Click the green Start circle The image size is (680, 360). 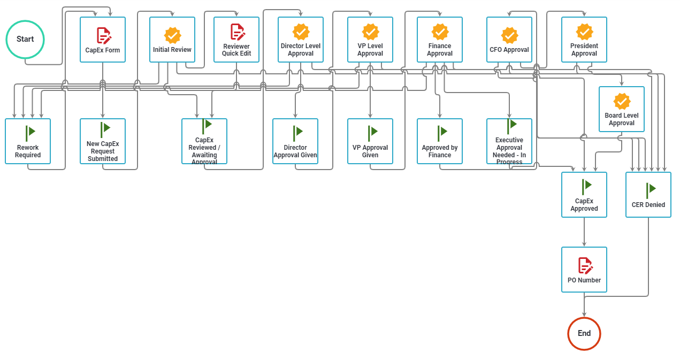(25, 39)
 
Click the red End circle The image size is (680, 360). (584, 333)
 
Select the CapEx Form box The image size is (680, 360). (103, 40)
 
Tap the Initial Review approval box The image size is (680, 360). (172, 40)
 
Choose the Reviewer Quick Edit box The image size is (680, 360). (236, 40)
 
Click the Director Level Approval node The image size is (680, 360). (301, 40)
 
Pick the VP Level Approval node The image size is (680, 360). (370, 40)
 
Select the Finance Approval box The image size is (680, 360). (440, 40)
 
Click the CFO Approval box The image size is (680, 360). (509, 40)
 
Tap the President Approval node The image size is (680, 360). (584, 40)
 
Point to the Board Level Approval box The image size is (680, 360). (622, 109)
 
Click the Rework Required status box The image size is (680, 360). (28, 141)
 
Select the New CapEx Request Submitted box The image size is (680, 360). (103, 141)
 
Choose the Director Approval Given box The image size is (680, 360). (295, 141)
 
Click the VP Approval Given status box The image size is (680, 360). (370, 141)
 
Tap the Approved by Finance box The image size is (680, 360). (440, 141)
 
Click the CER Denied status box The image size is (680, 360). (648, 195)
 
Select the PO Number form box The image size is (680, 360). (584, 270)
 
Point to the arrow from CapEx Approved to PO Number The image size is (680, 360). (584, 232)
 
